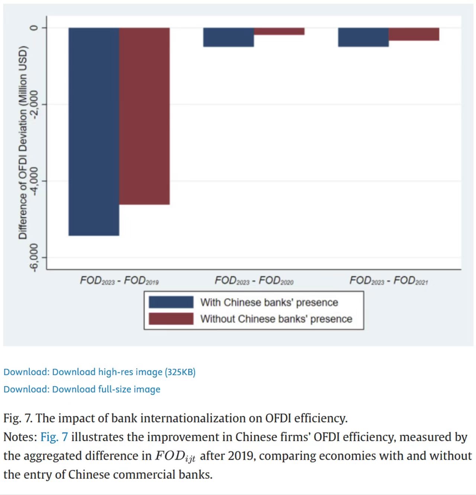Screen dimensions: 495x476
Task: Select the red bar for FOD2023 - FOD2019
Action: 144,116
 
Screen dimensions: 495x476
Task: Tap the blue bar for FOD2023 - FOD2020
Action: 228,37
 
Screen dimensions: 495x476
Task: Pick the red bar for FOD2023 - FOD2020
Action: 279,31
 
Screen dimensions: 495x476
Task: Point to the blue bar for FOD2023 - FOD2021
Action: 363,37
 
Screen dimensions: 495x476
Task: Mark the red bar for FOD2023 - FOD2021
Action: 414,34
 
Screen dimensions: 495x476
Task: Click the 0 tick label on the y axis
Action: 34,28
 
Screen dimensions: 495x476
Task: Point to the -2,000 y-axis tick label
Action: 34,105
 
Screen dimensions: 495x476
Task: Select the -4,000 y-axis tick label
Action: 34,181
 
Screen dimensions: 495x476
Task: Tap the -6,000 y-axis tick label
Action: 34,257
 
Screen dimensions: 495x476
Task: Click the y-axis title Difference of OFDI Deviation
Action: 23,142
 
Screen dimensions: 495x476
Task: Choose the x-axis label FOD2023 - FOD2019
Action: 119,280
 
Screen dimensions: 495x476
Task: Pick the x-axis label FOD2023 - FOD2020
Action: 254,280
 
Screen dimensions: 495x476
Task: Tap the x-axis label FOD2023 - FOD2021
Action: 389,280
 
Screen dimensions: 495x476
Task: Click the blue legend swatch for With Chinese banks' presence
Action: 171,302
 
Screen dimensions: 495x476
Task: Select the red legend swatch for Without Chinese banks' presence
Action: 171,319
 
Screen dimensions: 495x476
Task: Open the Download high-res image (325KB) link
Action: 123,372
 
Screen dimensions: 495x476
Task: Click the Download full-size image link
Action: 106,389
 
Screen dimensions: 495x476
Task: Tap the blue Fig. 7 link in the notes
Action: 54,437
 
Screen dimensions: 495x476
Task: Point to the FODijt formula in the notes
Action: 175,456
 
